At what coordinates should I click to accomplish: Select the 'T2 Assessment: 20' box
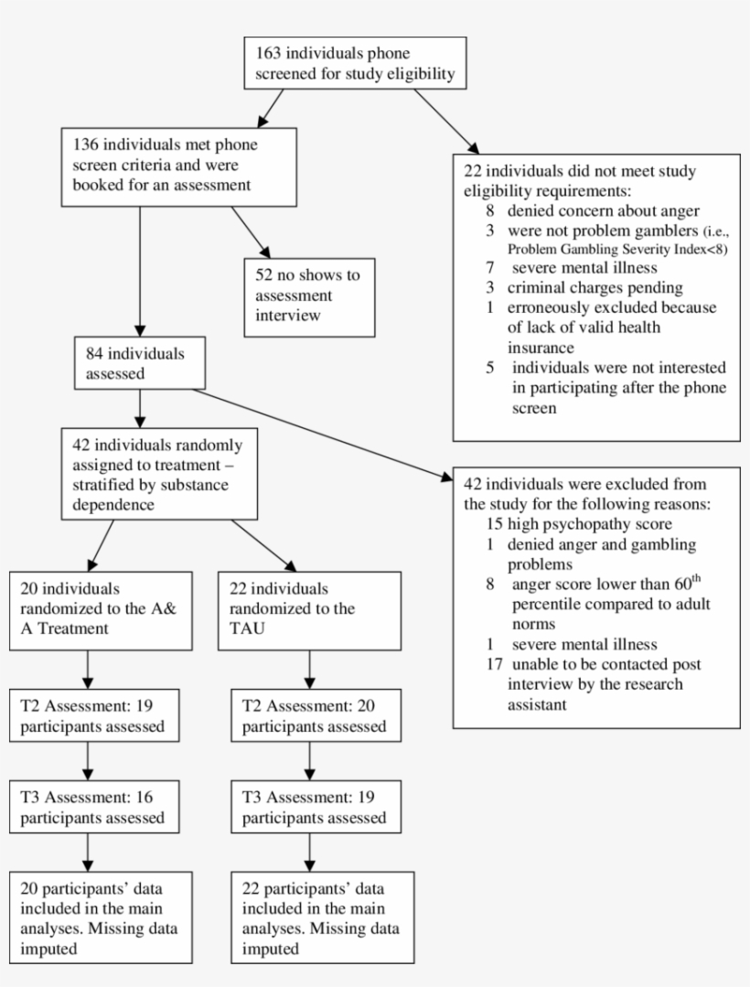tap(310, 716)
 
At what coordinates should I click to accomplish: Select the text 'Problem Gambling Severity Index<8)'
tap(617, 250)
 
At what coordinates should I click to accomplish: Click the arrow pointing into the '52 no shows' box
tap(252, 232)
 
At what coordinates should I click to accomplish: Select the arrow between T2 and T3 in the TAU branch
tap(310, 759)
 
